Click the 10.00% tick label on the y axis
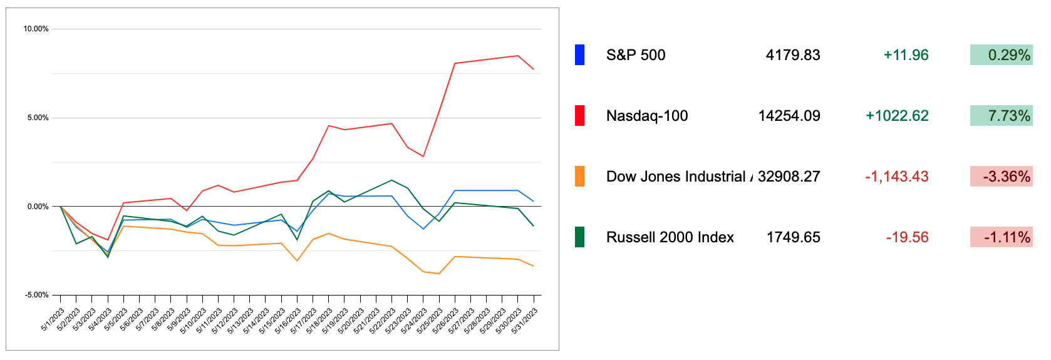click(x=36, y=29)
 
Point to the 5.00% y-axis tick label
click(x=38, y=118)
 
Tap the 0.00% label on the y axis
click(x=38, y=207)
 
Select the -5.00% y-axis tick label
click(x=36, y=295)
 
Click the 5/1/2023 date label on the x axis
click(x=53, y=320)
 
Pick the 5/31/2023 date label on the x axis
click(x=526, y=321)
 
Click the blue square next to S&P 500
click(x=579, y=55)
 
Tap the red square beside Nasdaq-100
click(x=579, y=116)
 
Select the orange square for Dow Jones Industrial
click(x=579, y=177)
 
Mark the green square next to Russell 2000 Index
click(x=579, y=237)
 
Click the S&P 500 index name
click(x=636, y=55)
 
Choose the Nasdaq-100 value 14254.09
click(x=789, y=116)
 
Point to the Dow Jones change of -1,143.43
click(x=896, y=177)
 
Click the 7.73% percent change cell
click(x=1001, y=116)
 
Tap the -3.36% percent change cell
click(x=1001, y=177)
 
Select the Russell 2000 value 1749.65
click(x=793, y=237)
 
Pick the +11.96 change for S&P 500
click(x=906, y=55)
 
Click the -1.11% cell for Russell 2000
click(x=1001, y=237)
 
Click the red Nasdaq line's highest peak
click(x=518, y=56)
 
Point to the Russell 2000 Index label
click(x=670, y=237)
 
